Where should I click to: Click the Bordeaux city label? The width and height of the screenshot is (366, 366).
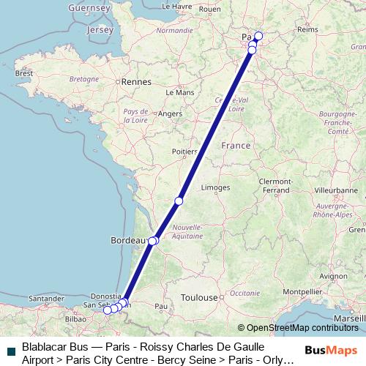pos(124,240)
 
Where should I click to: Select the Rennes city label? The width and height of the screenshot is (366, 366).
pos(135,83)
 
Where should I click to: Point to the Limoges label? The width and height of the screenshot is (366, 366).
pos(215,187)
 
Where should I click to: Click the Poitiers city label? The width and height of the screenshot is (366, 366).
pos(184,152)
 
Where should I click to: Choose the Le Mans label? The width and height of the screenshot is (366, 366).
pos(180,93)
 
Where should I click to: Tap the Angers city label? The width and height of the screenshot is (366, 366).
pos(170,114)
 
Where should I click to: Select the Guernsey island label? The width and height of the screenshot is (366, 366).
pos(89,7)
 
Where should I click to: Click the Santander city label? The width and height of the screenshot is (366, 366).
pos(46,298)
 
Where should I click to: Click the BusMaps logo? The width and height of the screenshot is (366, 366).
pos(330,351)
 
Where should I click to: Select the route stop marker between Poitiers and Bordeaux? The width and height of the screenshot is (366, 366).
pos(179,201)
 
